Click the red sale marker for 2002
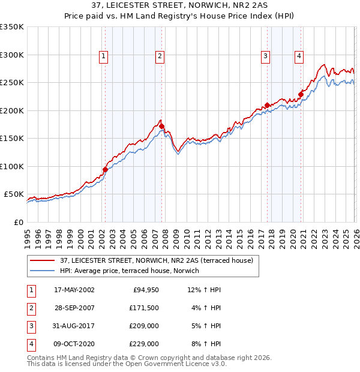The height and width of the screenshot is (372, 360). tap(105, 169)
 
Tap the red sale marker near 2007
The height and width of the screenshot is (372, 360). tap(162, 126)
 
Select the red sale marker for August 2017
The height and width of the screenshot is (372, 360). tap(267, 106)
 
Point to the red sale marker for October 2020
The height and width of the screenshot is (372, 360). tap(301, 94)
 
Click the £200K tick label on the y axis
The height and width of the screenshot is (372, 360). tap(12, 110)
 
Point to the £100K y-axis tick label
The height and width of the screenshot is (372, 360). tap(12, 166)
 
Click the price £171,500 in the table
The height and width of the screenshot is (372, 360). tap(144, 308)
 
